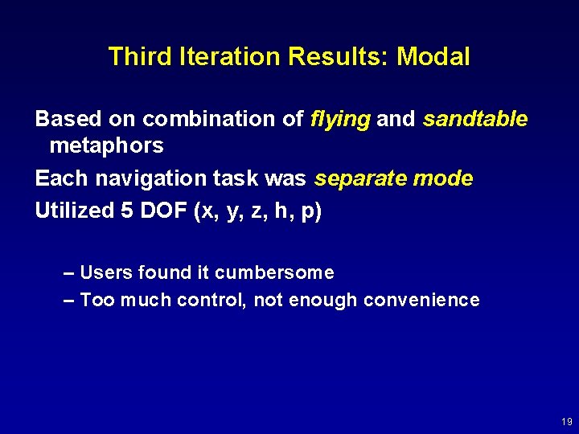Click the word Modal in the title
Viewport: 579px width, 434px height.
[x=433, y=56]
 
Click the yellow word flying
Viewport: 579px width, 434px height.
[x=340, y=120]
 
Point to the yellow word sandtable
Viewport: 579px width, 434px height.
[x=475, y=119]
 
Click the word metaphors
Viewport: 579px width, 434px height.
[x=106, y=146]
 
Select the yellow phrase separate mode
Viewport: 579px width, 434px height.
[x=394, y=178]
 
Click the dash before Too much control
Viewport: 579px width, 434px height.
[x=68, y=301]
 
